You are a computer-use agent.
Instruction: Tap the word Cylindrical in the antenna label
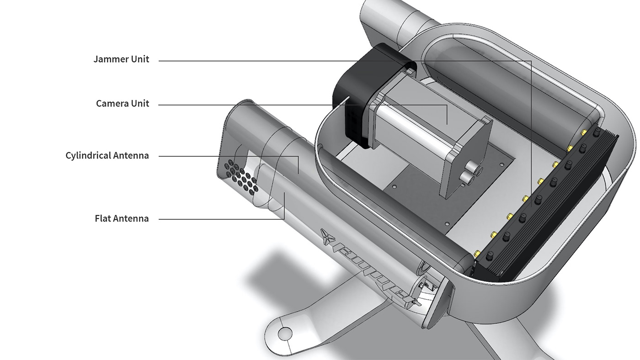[88, 156]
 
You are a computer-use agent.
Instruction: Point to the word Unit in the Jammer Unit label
[140, 59]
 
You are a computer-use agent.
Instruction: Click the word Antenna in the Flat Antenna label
[131, 218]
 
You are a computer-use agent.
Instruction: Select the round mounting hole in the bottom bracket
[284, 332]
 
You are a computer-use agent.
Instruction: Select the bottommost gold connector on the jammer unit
[477, 253]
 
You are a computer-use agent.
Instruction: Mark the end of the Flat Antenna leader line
[284, 194]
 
